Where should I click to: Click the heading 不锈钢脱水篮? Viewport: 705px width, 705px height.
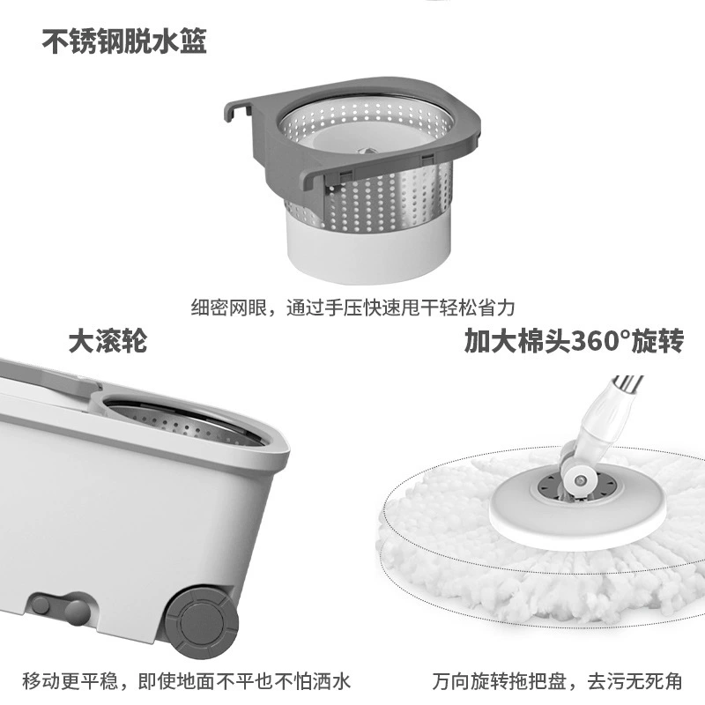(x=124, y=41)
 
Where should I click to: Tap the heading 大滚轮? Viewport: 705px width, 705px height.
(x=108, y=341)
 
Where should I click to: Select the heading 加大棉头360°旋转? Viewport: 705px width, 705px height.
(x=575, y=341)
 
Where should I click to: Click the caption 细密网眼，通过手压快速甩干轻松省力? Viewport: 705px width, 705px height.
(x=353, y=308)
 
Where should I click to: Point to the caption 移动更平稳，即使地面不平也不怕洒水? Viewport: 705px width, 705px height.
(x=186, y=680)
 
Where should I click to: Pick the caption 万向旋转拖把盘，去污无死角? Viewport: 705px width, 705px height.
(x=558, y=680)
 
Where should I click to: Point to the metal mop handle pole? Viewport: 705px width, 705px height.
(x=627, y=386)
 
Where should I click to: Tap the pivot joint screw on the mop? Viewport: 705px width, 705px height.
(x=580, y=481)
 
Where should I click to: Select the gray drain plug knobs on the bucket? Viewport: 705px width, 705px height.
(x=60, y=607)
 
